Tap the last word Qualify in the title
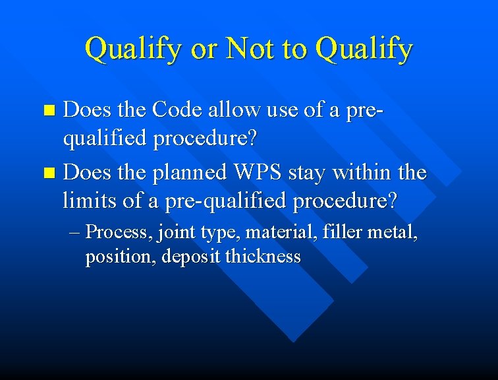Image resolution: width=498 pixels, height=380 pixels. click(x=364, y=49)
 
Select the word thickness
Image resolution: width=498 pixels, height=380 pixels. click(x=263, y=256)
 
